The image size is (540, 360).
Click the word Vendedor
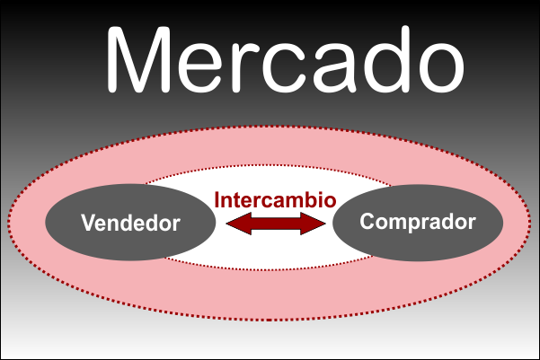[x=131, y=223]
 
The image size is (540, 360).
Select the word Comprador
[x=417, y=221]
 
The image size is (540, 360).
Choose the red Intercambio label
[x=276, y=198]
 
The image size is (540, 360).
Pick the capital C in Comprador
[x=367, y=221]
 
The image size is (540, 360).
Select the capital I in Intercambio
[x=218, y=198]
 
